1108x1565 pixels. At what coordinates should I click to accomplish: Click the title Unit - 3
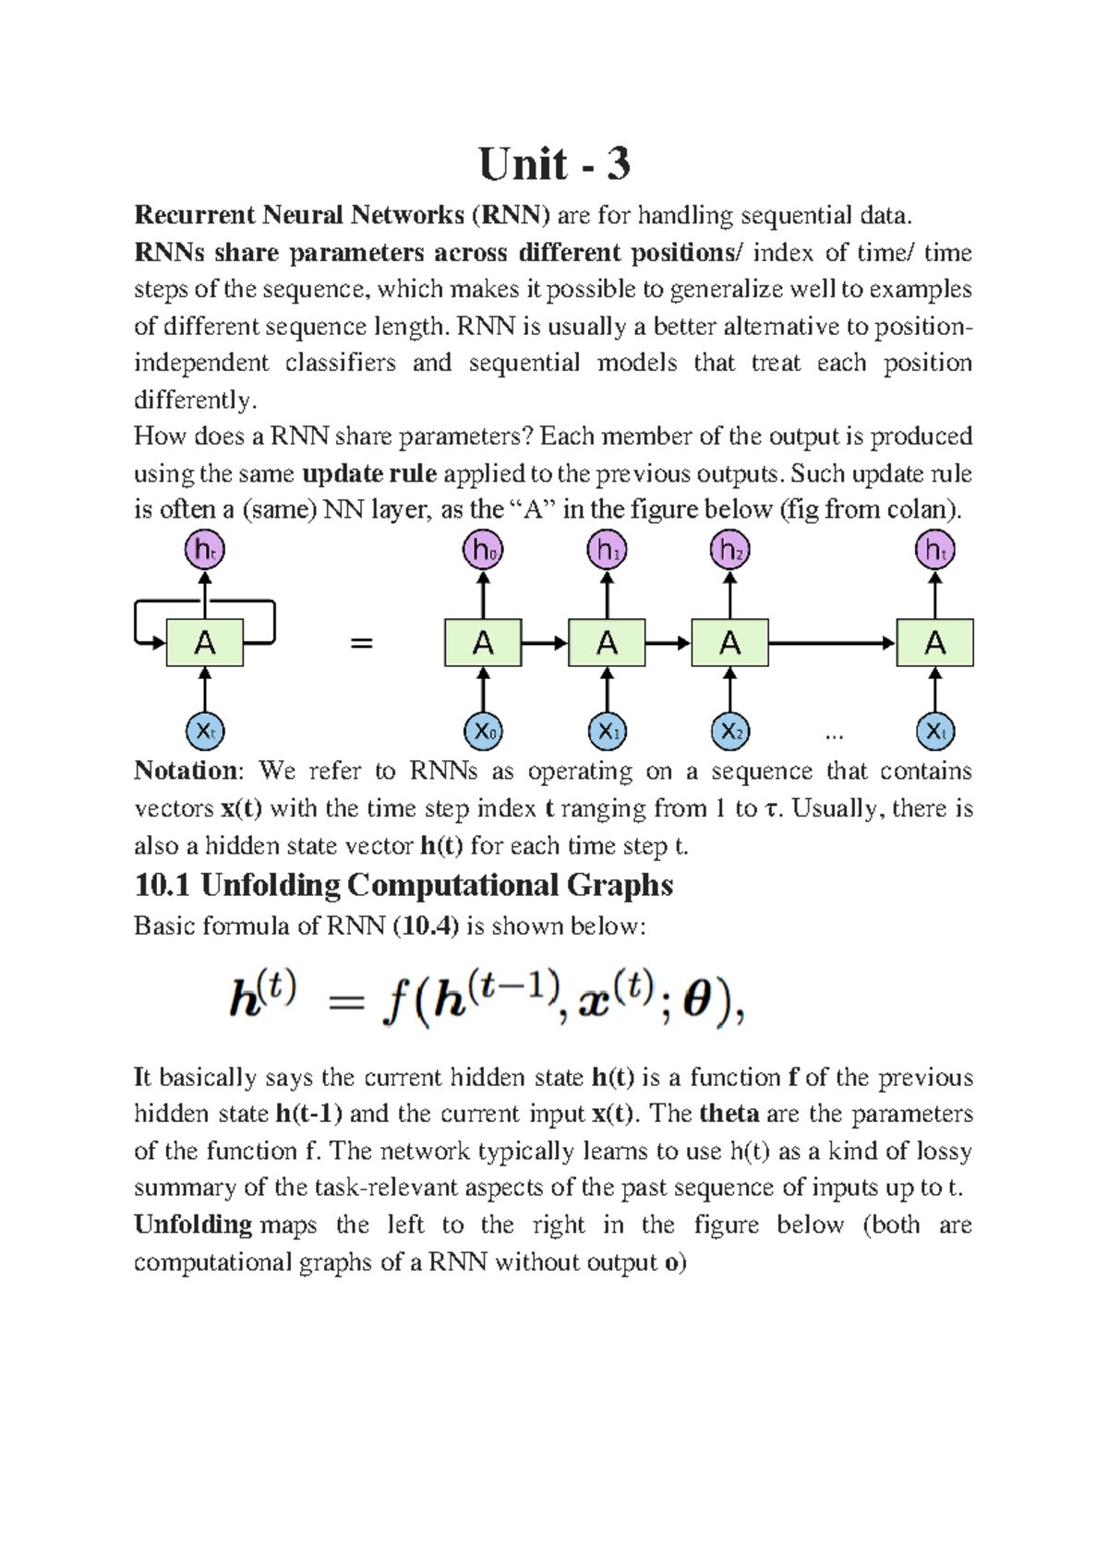coord(554,164)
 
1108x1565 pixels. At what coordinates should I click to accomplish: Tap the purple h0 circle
coord(483,551)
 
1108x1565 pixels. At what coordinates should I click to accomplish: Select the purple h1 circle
coord(607,551)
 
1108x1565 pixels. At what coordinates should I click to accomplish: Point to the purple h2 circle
coord(729,551)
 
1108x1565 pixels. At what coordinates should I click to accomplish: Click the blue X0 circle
coord(483,732)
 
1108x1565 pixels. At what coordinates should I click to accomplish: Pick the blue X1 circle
coord(607,732)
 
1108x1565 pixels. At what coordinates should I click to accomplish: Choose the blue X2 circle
coord(729,732)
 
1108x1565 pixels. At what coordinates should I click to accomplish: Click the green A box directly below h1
coord(607,643)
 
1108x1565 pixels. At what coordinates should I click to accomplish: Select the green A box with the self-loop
coord(205,643)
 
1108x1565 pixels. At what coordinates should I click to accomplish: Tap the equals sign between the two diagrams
coord(362,643)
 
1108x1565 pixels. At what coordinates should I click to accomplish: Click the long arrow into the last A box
coord(831,643)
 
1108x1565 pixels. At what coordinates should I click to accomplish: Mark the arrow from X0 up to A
coord(483,689)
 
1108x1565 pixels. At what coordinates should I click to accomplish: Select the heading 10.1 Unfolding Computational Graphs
coord(403,885)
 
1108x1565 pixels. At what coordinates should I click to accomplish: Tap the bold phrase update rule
coord(369,473)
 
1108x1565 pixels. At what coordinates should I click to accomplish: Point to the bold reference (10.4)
coord(426,926)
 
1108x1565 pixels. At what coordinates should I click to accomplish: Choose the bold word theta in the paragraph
coord(729,1114)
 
